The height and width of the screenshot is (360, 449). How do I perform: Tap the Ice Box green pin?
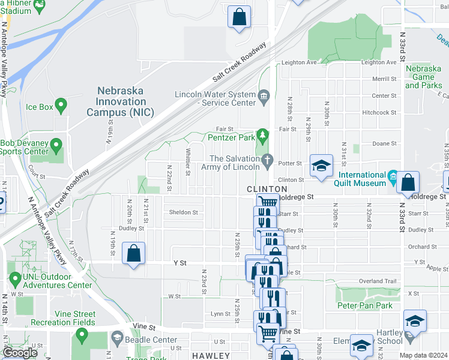pyautogui.click(x=60, y=106)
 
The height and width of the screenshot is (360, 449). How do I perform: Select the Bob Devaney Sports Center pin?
pyautogui.click(x=56, y=145)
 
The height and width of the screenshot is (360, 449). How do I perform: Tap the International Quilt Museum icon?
pyautogui.click(x=392, y=176)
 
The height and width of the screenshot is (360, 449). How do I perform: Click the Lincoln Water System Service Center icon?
pyautogui.click(x=264, y=95)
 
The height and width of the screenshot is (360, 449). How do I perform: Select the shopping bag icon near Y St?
pyautogui.click(x=133, y=253)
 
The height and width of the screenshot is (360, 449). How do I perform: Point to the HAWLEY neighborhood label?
pyautogui.click(x=211, y=356)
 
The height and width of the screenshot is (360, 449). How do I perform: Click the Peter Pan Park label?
pyautogui.click(x=365, y=306)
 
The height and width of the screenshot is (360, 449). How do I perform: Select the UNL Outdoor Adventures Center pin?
pyautogui.click(x=15, y=278)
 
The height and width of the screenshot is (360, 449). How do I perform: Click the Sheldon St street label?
pyautogui.click(x=184, y=212)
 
